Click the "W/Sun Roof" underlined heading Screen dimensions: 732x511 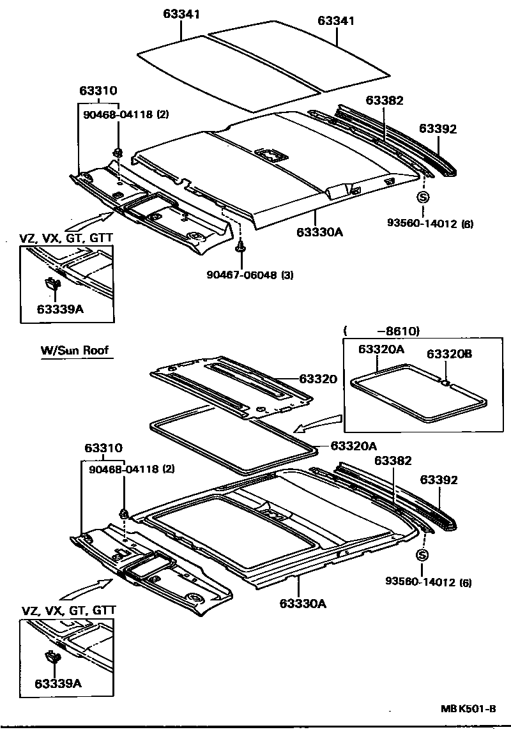pos(75,350)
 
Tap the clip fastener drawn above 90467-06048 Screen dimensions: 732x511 pos(241,247)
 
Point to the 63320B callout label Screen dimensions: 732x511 pos(449,354)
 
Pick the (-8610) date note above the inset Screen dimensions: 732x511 pos(381,331)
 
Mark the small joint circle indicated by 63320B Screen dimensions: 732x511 pos(445,383)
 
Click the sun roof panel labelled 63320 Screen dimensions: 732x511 pos(230,386)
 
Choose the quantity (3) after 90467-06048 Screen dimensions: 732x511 pos(287,275)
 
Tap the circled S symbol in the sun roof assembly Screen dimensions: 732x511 pos(422,554)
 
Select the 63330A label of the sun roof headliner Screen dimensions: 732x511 pos(303,602)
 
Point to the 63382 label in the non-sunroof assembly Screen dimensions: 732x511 pos(385,100)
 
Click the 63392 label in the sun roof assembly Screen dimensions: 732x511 pos(438,480)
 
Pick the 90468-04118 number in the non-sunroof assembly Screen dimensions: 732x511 pos(119,115)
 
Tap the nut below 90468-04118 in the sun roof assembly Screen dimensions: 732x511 pos(123,513)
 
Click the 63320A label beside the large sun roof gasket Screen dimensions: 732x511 pos(353,446)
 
